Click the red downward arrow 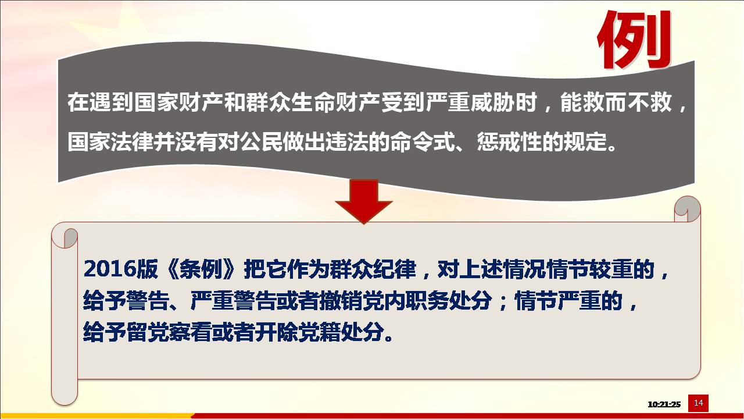(x=364, y=201)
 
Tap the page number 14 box (x=698, y=403)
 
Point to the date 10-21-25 (x=664, y=404)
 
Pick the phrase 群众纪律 (x=373, y=269)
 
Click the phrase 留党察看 (x=169, y=332)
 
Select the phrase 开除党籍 (x=298, y=332)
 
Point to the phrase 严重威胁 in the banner (x=470, y=102)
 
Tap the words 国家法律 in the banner (x=111, y=143)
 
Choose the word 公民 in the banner (x=262, y=143)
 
